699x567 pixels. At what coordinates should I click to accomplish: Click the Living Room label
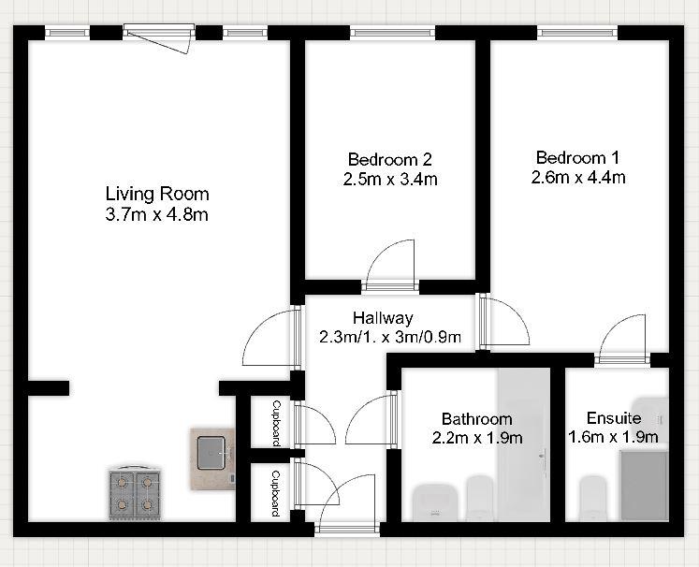[x=156, y=194]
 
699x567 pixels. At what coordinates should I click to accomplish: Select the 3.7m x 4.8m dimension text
[x=156, y=215]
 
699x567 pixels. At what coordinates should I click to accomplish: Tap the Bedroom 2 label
[x=390, y=159]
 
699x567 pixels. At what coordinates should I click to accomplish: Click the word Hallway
[x=383, y=318]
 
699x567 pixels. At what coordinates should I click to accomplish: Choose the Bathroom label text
[x=477, y=418]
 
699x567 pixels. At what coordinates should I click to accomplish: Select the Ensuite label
[x=614, y=417]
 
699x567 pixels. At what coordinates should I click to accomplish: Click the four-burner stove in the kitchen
[x=135, y=493]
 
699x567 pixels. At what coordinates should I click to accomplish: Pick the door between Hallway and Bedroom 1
[x=503, y=322]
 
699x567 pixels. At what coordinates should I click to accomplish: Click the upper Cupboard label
[x=276, y=422]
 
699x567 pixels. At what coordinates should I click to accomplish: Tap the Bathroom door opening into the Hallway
[x=371, y=419]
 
